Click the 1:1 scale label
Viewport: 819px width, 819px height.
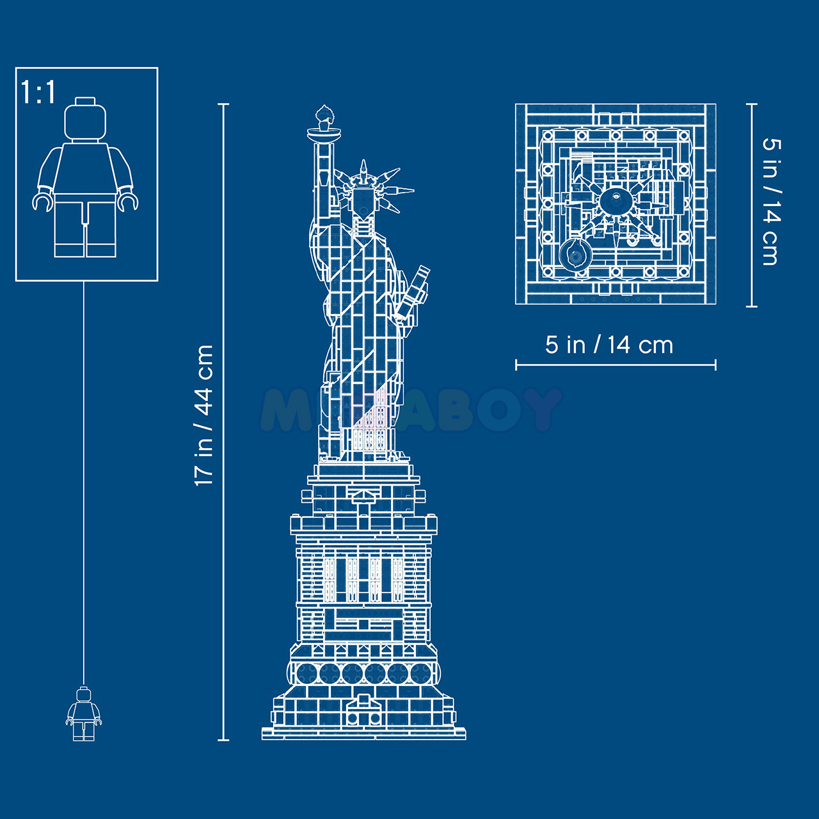tap(38, 92)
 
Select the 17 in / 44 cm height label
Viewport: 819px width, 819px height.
tap(204, 415)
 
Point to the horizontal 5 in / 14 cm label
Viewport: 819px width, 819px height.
tap(609, 345)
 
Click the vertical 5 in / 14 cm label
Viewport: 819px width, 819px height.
tap(771, 202)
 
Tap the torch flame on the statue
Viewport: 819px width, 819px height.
tap(324, 115)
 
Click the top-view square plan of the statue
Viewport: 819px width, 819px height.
tap(616, 204)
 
